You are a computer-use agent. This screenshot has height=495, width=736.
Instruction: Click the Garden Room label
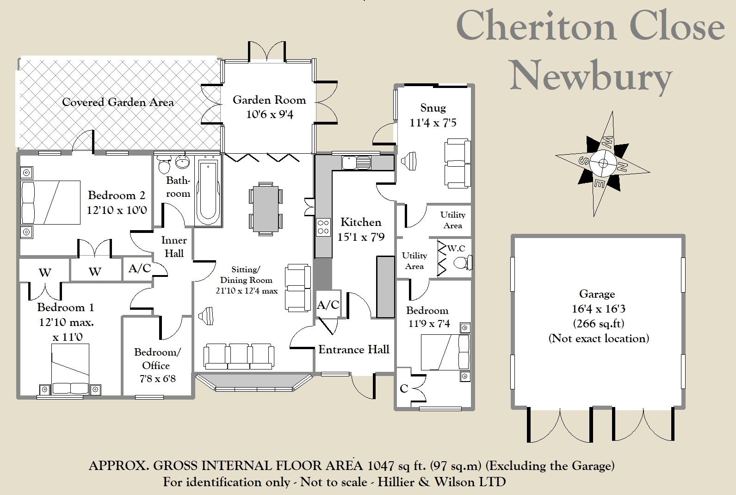tap(269, 100)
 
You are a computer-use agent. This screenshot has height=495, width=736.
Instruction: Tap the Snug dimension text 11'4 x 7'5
tap(433, 123)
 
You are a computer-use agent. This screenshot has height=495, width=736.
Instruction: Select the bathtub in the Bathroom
tap(208, 192)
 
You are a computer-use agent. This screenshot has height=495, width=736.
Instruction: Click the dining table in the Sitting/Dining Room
tap(266, 209)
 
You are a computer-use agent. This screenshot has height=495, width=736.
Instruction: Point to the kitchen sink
tap(356, 163)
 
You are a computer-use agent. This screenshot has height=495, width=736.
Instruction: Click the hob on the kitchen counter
tap(323, 227)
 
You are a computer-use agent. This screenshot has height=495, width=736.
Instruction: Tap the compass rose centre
tap(603, 163)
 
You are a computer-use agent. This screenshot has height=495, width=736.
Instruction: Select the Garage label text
tap(597, 294)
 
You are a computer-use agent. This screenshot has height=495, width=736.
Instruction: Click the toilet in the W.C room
tap(463, 263)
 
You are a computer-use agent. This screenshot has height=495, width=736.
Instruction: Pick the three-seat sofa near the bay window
tap(239, 356)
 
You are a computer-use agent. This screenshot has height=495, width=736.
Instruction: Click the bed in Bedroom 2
tap(50, 202)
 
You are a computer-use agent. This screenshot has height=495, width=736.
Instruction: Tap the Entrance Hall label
tap(354, 349)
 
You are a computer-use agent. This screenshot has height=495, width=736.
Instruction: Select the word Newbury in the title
tap(591, 76)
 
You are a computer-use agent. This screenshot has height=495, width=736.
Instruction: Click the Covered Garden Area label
tap(118, 102)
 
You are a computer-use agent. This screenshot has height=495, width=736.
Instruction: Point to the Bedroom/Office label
tap(157, 359)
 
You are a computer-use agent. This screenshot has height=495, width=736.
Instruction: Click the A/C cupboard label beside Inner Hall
tap(140, 269)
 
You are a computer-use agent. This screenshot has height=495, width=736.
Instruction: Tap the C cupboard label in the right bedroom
tap(404, 389)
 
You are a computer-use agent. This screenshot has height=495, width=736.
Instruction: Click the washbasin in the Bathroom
tap(182, 162)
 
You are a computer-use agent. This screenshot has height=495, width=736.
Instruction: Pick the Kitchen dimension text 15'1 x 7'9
tap(361, 237)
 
